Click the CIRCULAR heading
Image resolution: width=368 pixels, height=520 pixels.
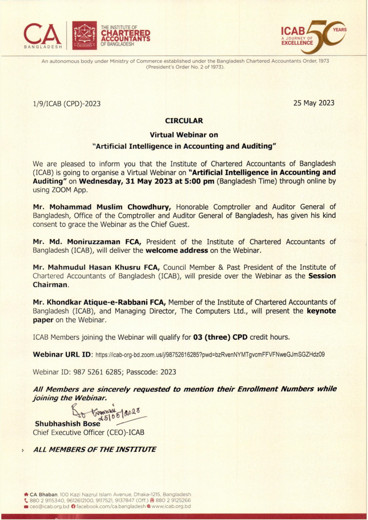[184, 121]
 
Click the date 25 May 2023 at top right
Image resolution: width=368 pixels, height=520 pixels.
[314, 103]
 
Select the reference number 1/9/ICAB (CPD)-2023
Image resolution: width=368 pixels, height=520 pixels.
[67, 104]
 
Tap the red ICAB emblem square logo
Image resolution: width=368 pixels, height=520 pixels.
[84, 35]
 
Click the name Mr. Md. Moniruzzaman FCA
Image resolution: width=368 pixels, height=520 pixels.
[87, 242]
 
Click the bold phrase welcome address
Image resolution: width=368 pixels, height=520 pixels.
[177, 250]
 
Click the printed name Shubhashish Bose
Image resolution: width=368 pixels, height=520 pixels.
[67, 423]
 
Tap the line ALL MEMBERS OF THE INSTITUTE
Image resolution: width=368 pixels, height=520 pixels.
[95, 449]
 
